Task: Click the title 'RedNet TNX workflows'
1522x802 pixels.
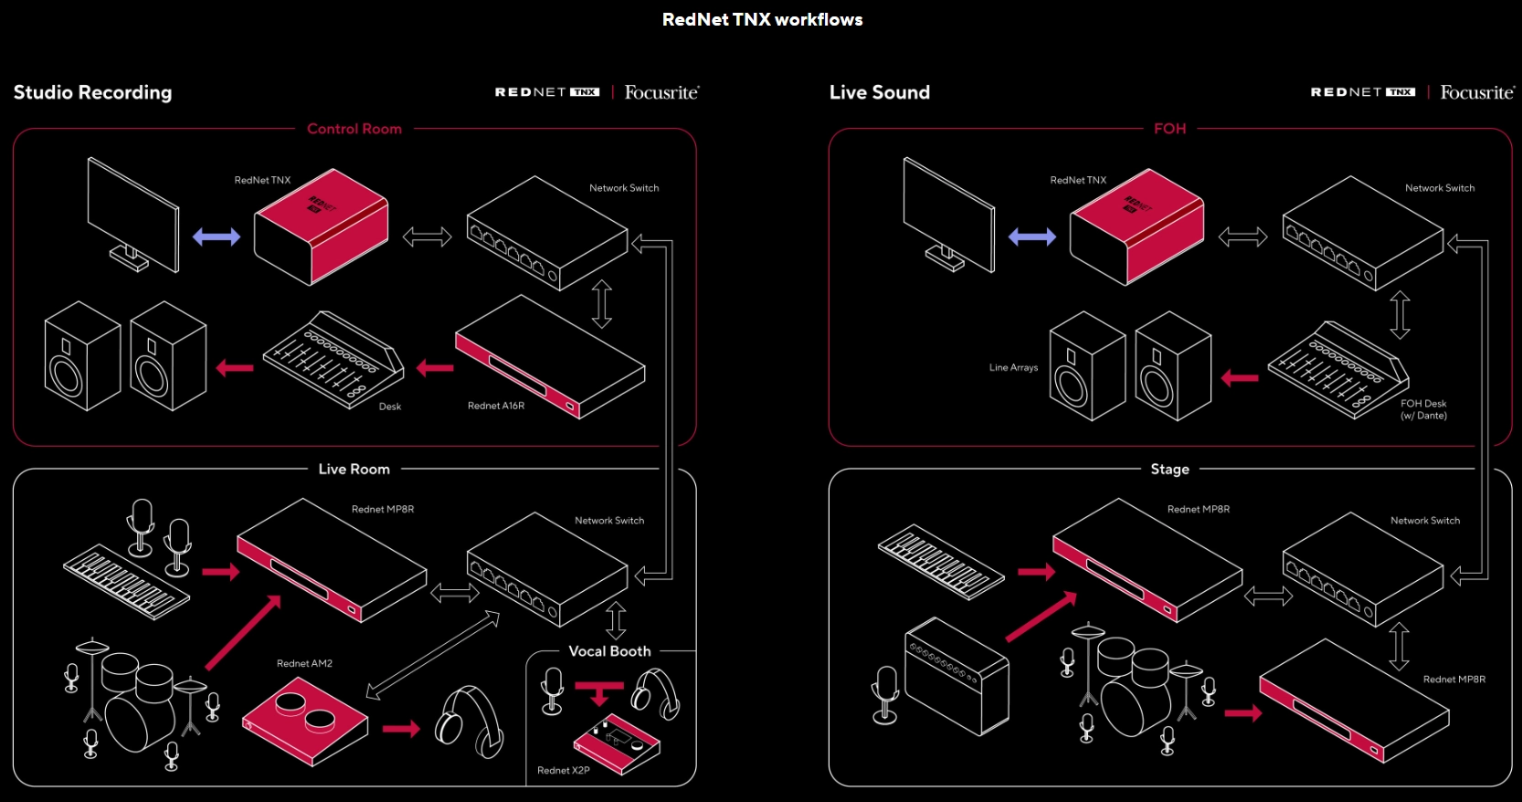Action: [x=762, y=20]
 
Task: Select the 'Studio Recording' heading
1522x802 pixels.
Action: [x=92, y=92]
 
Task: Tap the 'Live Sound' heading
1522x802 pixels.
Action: [x=879, y=92]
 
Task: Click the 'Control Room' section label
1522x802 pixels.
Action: [x=354, y=129]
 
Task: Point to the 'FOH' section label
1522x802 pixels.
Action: [x=1169, y=129]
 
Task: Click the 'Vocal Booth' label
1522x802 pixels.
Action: [x=609, y=651]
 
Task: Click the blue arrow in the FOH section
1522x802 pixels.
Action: [x=1031, y=237]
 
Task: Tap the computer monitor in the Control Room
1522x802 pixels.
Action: [x=132, y=215]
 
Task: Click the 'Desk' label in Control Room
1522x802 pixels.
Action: [x=390, y=406]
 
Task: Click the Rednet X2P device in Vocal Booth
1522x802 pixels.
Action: [x=617, y=743]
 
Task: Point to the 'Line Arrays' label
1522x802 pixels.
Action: [x=1013, y=367]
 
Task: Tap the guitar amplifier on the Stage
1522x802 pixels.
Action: [x=957, y=676]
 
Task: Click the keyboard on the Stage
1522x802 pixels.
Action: [x=940, y=561]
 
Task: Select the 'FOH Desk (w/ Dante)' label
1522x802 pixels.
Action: [x=1423, y=409]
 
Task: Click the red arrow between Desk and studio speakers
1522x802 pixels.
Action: [x=235, y=368]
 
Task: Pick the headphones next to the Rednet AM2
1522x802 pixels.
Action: [x=470, y=723]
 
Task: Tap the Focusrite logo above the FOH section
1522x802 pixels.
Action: [x=1476, y=92]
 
